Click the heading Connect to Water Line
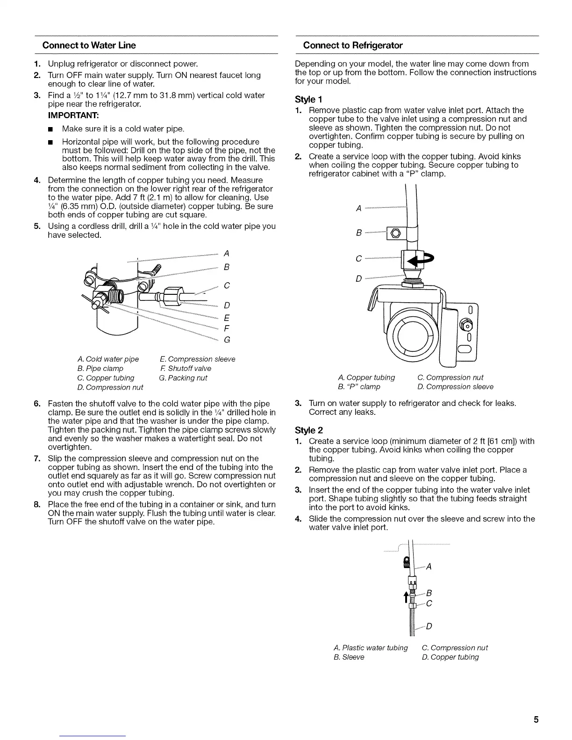point(89,45)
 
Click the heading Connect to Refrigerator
point(352,45)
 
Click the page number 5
point(536,719)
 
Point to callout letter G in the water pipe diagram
point(227,340)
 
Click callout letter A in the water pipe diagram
point(226,254)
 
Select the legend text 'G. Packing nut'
point(183,378)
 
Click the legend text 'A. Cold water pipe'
point(108,359)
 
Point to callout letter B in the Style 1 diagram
point(358,232)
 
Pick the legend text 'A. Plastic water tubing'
point(371,648)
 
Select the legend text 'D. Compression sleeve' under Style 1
point(455,387)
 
